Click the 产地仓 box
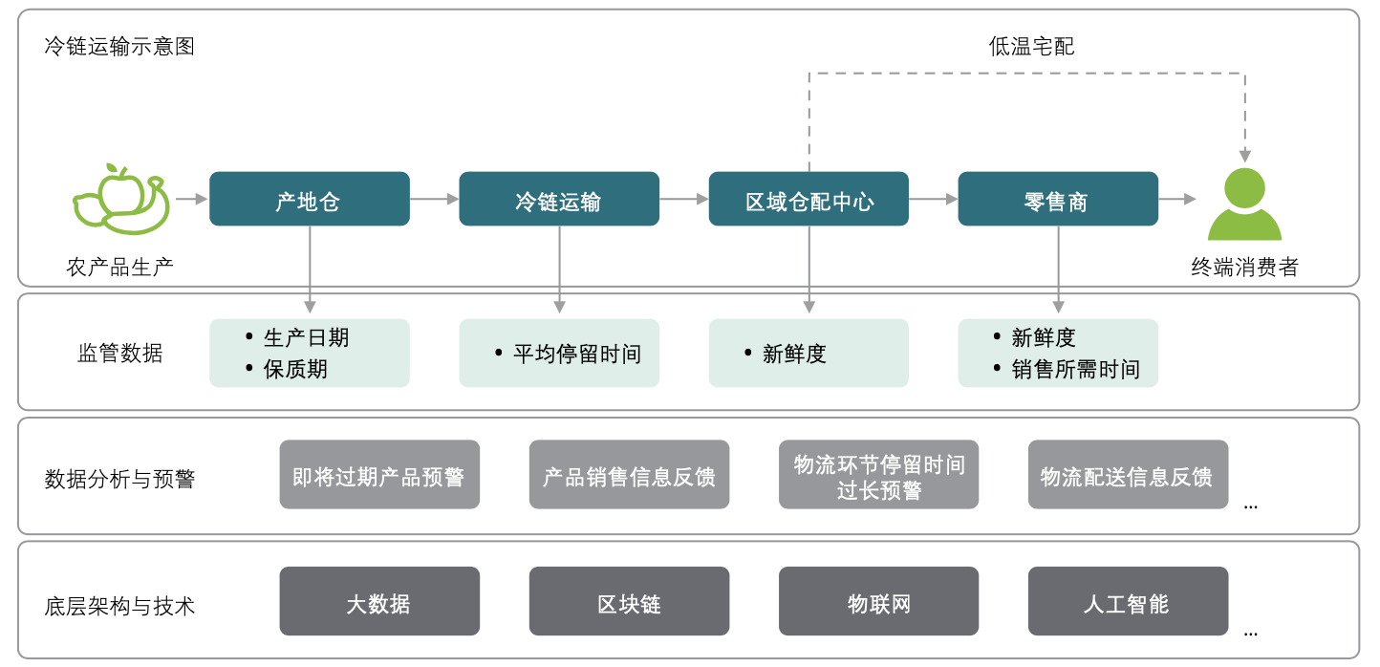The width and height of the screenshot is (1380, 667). tap(310, 199)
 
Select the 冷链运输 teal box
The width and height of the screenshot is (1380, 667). tap(559, 199)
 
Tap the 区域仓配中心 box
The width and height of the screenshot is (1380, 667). tap(809, 199)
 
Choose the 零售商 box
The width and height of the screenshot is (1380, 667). tap(1058, 199)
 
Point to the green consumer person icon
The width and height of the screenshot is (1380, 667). tap(1244, 204)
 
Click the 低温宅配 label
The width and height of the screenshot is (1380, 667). tap(1031, 46)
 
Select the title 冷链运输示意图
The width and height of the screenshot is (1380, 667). tap(119, 46)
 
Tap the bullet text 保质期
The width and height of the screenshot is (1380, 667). tap(295, 369)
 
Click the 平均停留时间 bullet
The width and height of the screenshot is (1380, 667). tap(576, 354)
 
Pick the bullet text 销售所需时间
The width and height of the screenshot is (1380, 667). tap(1075, 369)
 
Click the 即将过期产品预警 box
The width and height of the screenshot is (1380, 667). tap(379, 475)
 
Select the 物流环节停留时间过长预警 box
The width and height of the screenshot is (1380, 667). tap(878, 475)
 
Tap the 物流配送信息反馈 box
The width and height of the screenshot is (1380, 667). tap(1128, 475)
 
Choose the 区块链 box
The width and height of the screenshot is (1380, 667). tap(629, 602)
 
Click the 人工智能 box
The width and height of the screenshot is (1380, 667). tap(1128, 602)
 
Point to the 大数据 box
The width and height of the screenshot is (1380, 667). tap(379, 602)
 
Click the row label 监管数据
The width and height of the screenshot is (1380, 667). tap(119, 354)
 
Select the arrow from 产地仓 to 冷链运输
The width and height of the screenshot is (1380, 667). tap(434, 199)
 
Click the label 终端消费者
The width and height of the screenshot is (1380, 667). tap(1244, 267)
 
